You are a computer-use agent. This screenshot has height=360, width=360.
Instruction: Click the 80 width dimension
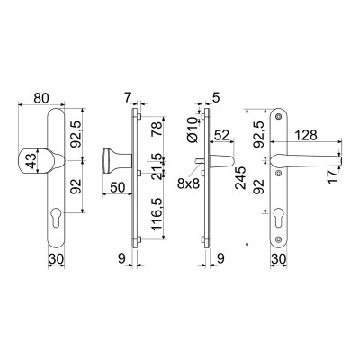(41, 98)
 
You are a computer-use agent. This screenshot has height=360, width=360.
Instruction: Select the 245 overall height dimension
(241, 177)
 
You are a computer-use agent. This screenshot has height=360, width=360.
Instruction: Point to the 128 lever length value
(306, 135)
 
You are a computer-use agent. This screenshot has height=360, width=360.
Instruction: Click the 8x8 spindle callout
(188, 184)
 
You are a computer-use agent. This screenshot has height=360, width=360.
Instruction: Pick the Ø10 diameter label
(192, 130)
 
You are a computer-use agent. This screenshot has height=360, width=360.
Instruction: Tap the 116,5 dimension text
(157, 213)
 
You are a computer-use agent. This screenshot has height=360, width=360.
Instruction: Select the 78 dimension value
(157, 129)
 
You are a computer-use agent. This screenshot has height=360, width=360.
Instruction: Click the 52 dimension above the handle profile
(221, 135)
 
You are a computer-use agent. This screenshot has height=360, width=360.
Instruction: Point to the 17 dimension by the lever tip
(333, 175)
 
